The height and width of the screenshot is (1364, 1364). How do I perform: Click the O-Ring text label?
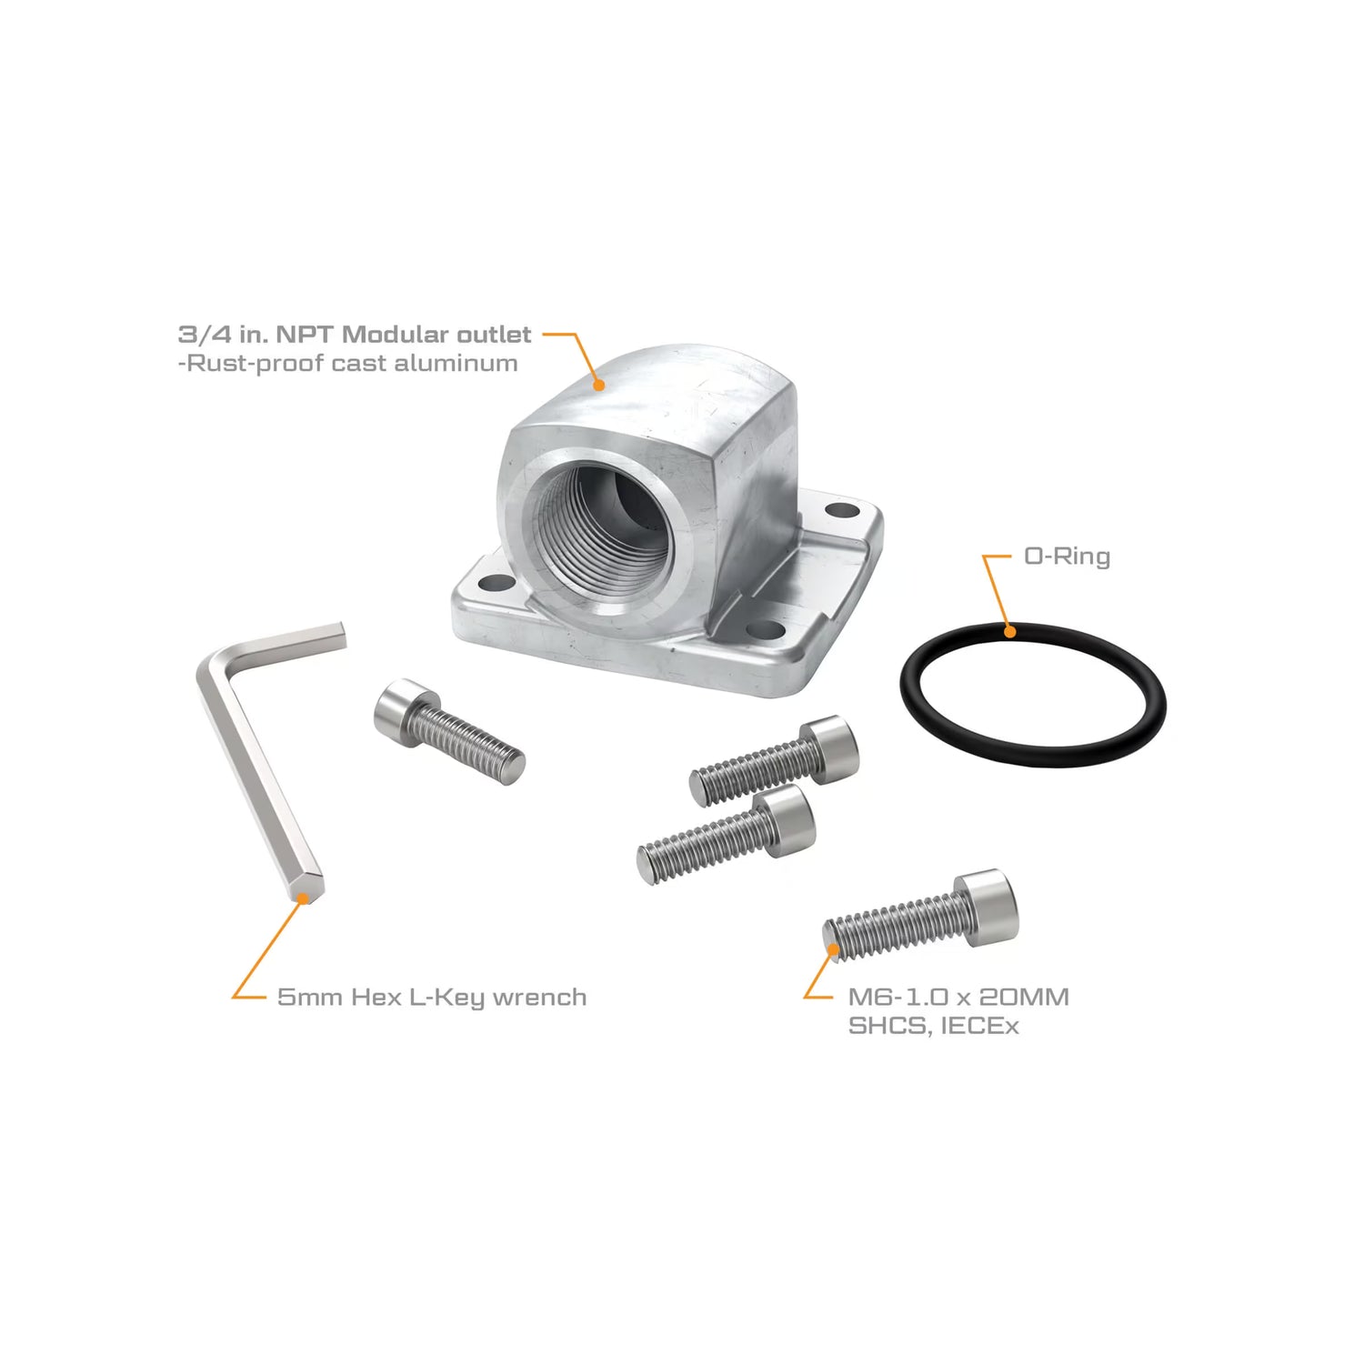(1067, 556)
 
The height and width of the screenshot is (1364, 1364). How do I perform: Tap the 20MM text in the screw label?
(1024, 998)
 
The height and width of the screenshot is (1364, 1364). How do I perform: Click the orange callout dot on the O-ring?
(1009, 630)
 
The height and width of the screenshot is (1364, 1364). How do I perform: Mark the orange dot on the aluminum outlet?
(598, 385)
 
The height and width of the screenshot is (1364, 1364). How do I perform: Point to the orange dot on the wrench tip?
(304, 897)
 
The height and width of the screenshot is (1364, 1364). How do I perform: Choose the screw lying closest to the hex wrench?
(449, 732)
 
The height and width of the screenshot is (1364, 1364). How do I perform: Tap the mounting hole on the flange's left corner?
(496, 583)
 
